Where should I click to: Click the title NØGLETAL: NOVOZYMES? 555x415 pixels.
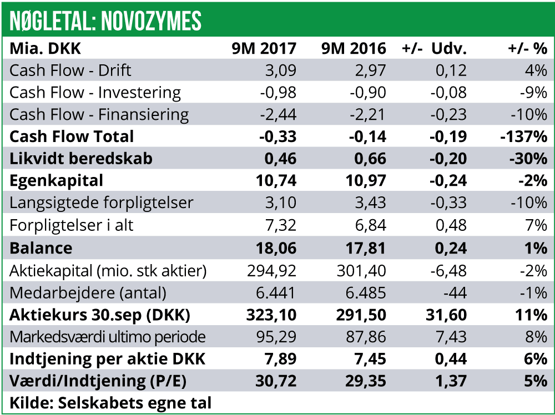tap(105, 21)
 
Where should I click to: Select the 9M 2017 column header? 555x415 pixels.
tap(264, 48)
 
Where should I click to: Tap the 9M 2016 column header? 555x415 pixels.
tap(354, 48)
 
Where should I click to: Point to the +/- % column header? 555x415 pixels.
tap(527, 48)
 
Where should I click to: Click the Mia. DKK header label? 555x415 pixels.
tap(46, 48)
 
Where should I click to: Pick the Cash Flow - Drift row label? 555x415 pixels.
tap(70, 70)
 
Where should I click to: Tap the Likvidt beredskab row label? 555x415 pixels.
tap(81, 159)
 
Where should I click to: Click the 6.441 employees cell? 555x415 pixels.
tap(277, 292)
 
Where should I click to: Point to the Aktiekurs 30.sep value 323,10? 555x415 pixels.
tap(271, 315)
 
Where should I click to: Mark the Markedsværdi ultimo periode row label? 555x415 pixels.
tap(108, 337)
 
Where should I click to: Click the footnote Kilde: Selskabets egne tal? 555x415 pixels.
tap(111, 402)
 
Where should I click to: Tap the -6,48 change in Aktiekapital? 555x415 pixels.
tap(448, 270)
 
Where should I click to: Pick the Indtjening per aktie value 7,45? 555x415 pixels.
tap(371, 359)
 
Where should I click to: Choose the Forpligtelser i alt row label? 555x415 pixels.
tap(72, 225)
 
